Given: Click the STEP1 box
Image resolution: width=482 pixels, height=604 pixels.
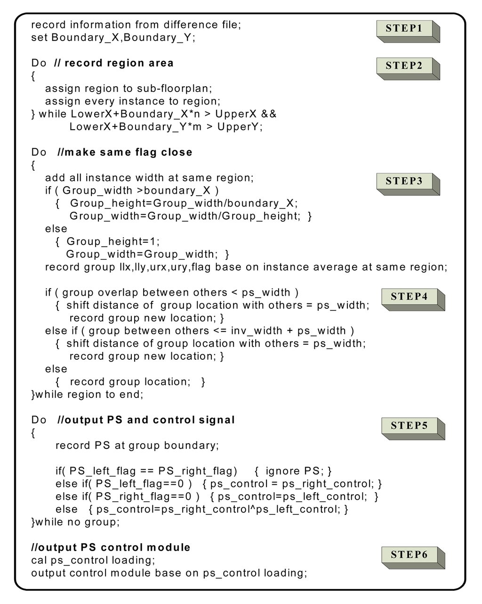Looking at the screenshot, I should point(404,28).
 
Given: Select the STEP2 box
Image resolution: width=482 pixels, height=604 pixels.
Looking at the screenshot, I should point(404,66).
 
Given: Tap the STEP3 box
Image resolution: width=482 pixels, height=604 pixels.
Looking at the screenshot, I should point(404,181).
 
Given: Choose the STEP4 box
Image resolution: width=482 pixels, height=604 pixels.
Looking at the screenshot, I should point(410,297).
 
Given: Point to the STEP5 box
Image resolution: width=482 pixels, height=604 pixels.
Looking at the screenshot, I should point(410,426).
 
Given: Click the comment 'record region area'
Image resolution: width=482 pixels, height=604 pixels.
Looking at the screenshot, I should point(119,63).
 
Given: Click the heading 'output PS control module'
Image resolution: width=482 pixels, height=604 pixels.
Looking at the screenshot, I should point(111,547).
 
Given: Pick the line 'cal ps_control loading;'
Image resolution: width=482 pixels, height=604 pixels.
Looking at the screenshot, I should point(93,560).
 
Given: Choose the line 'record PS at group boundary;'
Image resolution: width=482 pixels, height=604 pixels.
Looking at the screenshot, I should point(137,446).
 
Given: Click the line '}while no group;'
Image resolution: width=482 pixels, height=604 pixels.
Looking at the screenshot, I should point(75,522).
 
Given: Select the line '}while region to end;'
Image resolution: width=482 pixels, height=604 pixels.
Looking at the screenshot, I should point(87,395).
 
